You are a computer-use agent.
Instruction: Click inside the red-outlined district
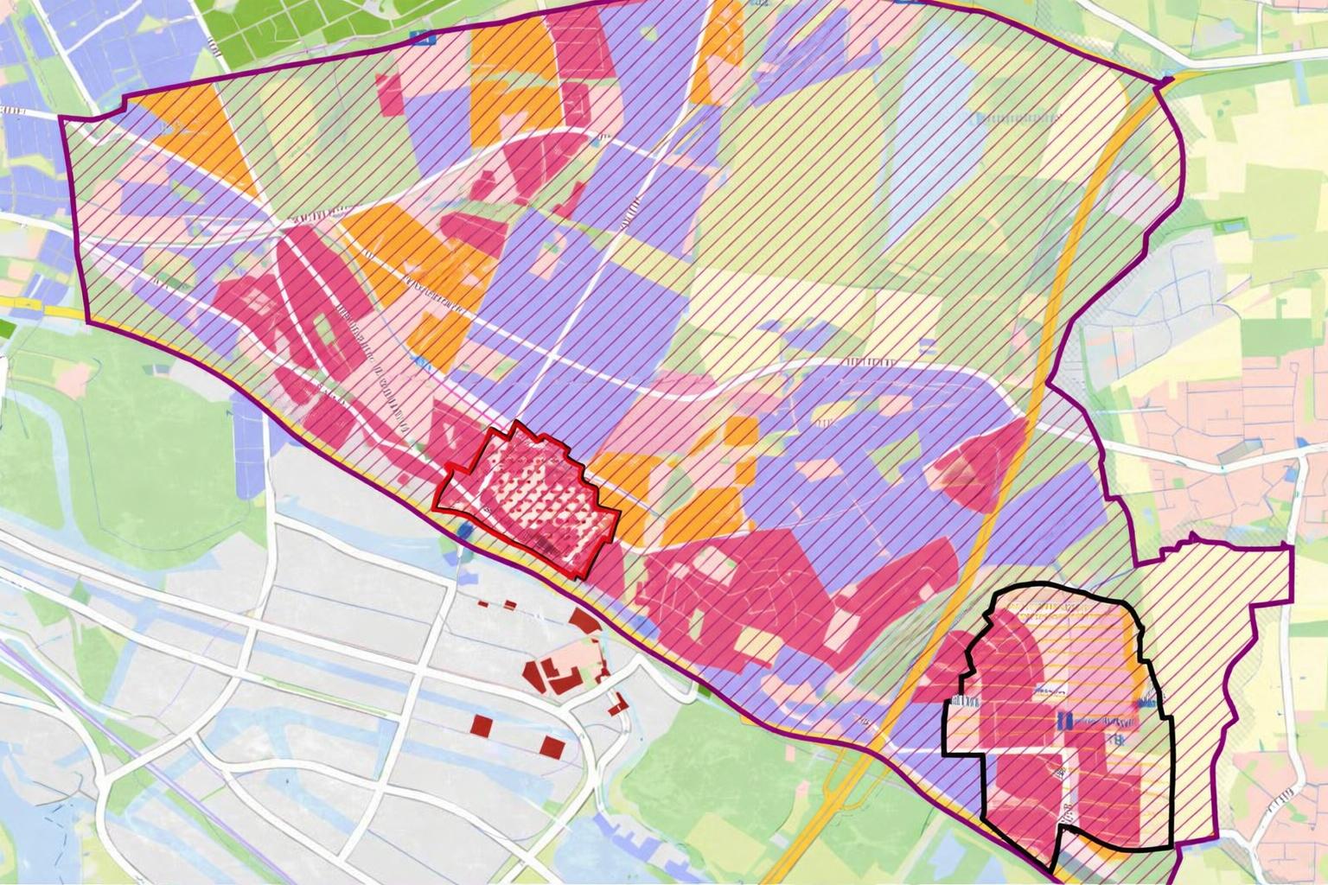527,497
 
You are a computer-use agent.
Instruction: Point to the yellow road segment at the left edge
35,308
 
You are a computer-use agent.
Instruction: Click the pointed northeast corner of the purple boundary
1167,81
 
